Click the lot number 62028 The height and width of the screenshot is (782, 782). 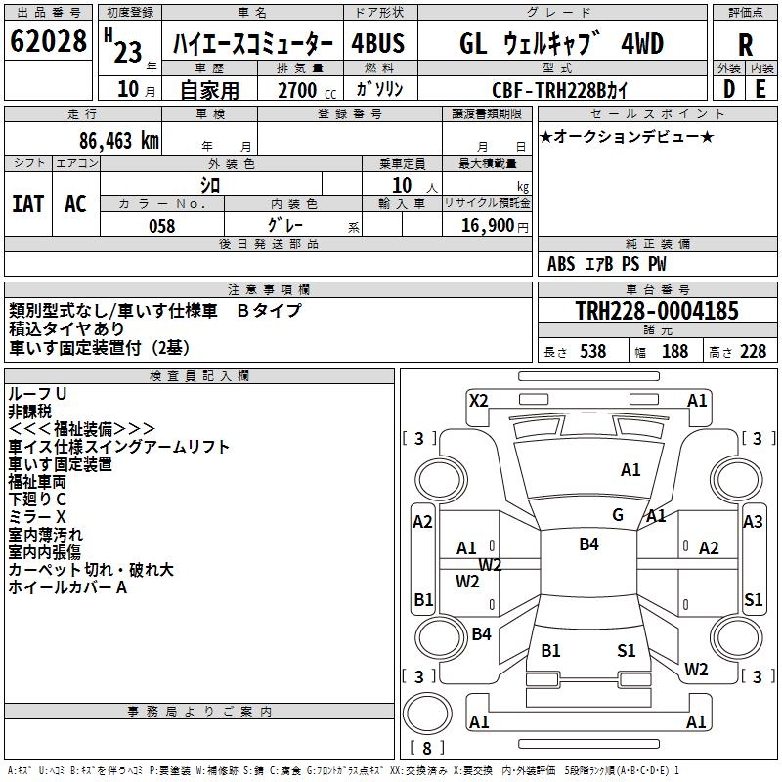[x=48, y=41]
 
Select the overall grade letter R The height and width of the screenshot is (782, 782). [x=745, y=45]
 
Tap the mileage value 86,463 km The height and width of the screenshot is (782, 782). [x=118, y=141]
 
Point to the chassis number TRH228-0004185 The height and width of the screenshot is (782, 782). [x=657, y=310]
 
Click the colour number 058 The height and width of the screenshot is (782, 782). [x=162, y=226]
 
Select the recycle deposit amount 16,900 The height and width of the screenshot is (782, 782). [x=488, y=226]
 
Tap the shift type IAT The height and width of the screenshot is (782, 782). [x=27, y=204]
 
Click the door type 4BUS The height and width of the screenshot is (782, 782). [x=378, y=43]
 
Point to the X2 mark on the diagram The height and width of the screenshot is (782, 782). [x=479, y=401]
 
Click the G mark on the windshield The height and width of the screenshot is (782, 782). [x=618, y=515]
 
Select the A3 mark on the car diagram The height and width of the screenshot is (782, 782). [x=753, y=522]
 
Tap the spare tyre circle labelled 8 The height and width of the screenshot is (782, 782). [x=427, y=714]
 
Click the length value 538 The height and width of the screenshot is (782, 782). [x=593, y=351]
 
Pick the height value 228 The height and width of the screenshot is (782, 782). [x=753, y=351]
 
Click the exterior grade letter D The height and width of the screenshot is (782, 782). [x=729, y=89]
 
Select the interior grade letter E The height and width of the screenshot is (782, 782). [x=760, y=89]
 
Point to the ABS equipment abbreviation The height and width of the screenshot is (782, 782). [x=561, y=264]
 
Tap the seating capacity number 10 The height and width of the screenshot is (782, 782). [x=402, y=185]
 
